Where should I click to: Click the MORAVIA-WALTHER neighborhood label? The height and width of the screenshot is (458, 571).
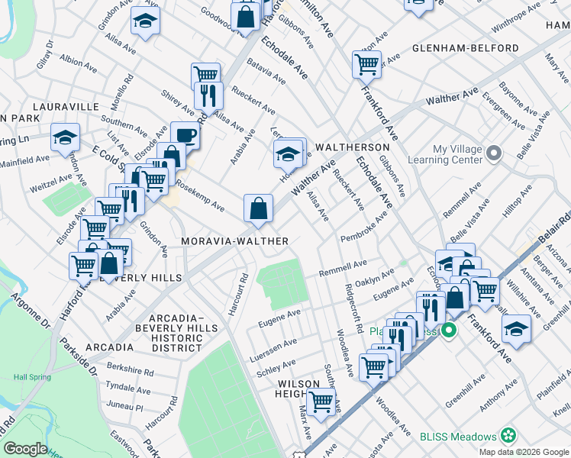pyautogui.click(x=234, y=241)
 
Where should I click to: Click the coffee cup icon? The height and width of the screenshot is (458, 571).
pyautogui.click(x=185, y=136)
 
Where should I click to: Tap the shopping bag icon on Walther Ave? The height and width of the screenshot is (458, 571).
pyautogui.click(x=259, y=208)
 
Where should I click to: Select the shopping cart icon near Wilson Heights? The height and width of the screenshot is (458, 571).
pyautogui.click(x=321, y=399)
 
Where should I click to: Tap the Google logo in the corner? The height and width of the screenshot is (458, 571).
pyautogui.click(x=25, y=449)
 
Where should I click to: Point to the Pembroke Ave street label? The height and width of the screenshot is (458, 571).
pyautogui.click(x=364, y=226)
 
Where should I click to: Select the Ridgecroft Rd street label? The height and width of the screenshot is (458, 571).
pyautogui.click(x=355, y=309)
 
